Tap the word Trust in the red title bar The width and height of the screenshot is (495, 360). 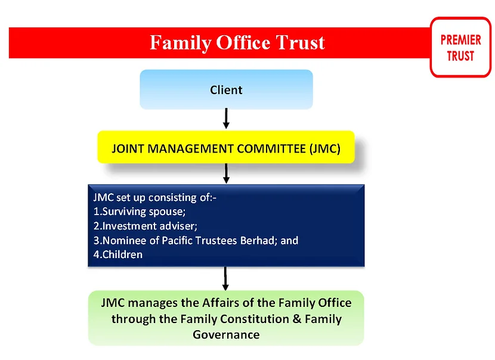tap(300, 42)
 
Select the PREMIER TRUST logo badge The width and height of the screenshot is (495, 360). tap(460, 47)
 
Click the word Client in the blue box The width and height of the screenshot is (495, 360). tap(226, 90)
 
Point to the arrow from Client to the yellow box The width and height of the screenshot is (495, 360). tap(226, 119)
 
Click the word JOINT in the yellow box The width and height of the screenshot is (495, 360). tap(128, 148)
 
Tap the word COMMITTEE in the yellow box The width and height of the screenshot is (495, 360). tap(271, 148)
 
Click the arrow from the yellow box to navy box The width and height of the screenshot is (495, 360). tap(226, 173)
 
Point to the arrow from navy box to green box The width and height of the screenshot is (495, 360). tap(225, 278)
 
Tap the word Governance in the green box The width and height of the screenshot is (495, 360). tap(226, 334)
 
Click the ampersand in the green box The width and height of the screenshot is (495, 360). tap(297, 319)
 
